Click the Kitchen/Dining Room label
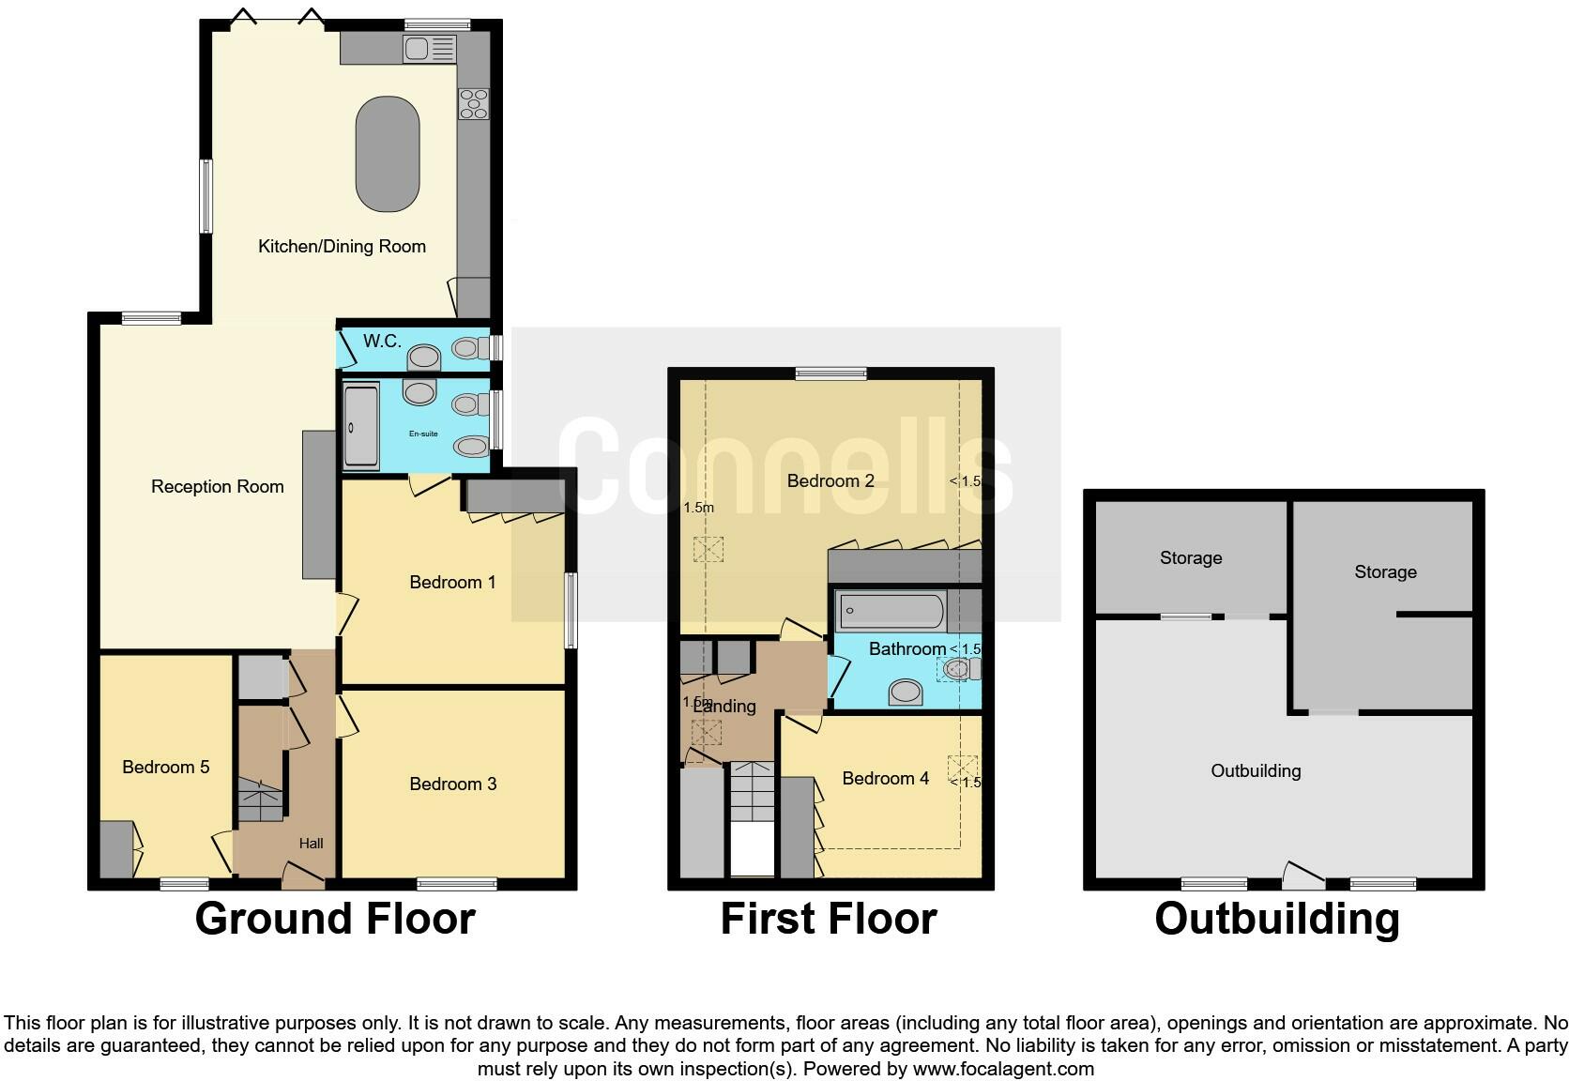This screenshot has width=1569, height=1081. (342, 247)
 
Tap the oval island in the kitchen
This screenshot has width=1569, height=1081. (388, 154)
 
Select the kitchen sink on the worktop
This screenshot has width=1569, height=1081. (430, 49)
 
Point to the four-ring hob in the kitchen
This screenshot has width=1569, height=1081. (473, 103)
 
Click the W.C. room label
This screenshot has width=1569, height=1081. (382, 342)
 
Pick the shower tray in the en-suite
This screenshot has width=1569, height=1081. (361, 427)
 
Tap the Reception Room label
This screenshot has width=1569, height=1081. (218, 486)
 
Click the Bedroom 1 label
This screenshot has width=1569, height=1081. (452, 583)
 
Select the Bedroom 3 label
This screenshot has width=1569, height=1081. (452, 784)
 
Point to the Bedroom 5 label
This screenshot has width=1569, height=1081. (165, 768)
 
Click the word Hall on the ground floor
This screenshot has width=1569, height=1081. (312, 844)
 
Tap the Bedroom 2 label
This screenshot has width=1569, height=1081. (830, 481)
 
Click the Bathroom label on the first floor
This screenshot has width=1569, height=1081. (906, 649)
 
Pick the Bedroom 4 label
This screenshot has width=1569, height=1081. (885, 779)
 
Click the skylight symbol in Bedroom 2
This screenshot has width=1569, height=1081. (708, 548)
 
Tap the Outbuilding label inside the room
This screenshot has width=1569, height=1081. (1256, 771)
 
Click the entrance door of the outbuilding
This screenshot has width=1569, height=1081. (1303, 876)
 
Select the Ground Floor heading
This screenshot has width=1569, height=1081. (335, 919)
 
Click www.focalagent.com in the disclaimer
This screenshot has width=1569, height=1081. (1003, 1069)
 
